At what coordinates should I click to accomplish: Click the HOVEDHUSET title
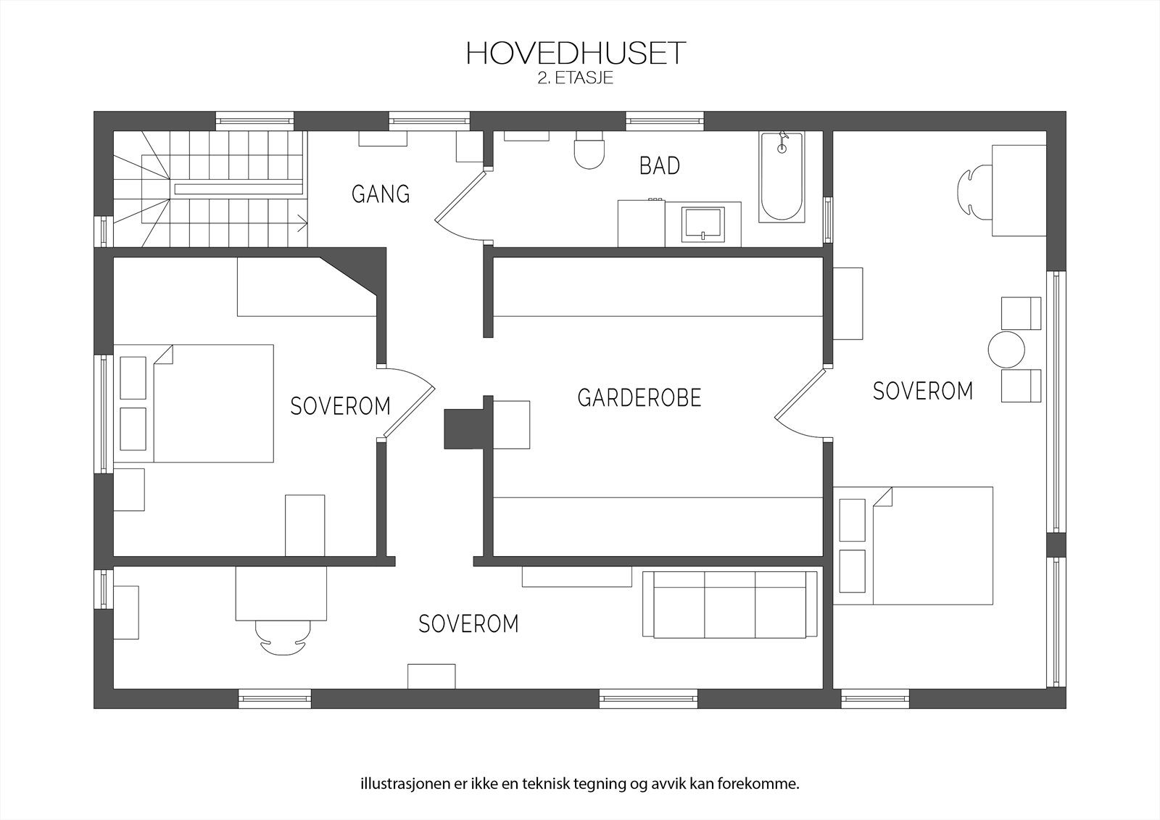click(x=575, y=53)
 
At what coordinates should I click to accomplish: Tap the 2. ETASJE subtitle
click(x=575, y=78)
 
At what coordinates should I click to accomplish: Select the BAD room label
click(x=659, y=166)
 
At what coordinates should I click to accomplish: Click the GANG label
click(x=381, y=194)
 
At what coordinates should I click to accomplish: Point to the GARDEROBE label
click(x=639, y=398)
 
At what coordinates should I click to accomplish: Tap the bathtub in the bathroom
click(x=782, y=178)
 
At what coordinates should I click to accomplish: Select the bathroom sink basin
click(x=703, y=223)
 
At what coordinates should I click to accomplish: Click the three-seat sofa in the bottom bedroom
click(x=729, y=605)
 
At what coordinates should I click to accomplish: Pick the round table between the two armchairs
click(x=1006, y=349)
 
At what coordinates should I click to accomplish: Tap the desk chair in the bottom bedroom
click(x=281, y=638)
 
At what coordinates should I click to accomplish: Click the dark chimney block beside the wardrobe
click(x=463, y=428)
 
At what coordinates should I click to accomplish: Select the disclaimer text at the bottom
click(x=579, y=784)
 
